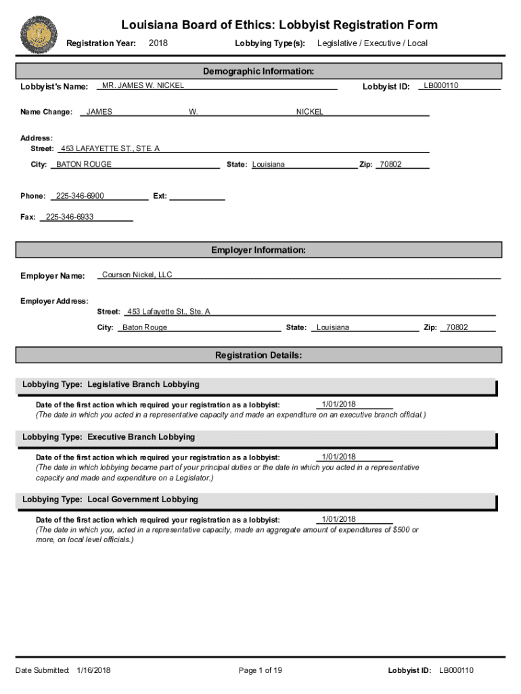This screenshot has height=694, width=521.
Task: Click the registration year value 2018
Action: (x=158, y=43)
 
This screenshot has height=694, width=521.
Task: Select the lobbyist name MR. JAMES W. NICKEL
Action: (x=143, y=85)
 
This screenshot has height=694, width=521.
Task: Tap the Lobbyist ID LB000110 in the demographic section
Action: (x=441, y=85)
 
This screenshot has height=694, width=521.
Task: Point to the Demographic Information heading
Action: (x=258, y=71)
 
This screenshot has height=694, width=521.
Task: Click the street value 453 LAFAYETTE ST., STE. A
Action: (x=110, y=148)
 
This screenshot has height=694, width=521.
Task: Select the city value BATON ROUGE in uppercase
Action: (x=84, y=165)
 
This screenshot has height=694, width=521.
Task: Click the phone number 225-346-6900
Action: (x=80, y=196)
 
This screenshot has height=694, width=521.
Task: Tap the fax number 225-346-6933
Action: (x=70, y=217)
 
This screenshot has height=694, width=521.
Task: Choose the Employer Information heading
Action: (x=258, y=250)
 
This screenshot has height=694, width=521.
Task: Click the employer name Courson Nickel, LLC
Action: (x=137, y=274)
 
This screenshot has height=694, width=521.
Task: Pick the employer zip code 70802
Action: (x=457, y=327)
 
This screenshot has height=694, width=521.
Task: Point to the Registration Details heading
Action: (x=258, y=355)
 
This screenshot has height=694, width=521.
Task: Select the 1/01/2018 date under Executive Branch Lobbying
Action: (x=339, y=457)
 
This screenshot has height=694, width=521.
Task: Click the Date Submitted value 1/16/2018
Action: (x=94, y=670)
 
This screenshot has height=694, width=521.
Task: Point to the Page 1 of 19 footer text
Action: (x=260, y=670)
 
